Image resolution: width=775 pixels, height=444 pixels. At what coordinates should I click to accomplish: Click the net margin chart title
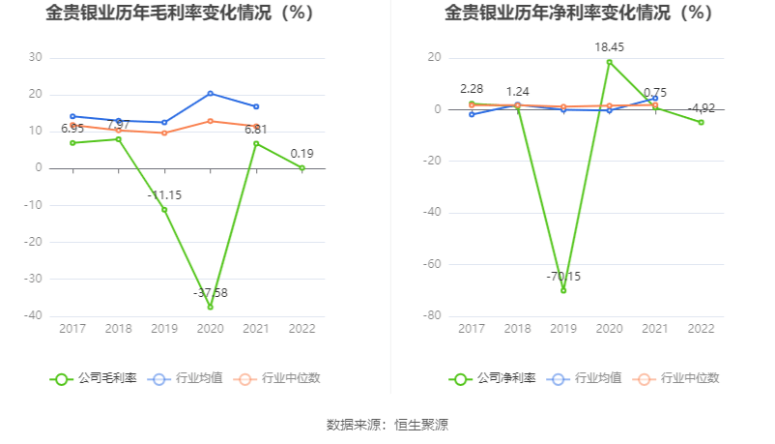point(579,14)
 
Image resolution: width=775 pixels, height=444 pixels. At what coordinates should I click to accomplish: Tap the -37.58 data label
point(210,293)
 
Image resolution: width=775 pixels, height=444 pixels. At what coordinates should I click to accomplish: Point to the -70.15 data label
point(563,277)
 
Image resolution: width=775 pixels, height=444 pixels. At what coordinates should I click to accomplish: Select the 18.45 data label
point(609,45)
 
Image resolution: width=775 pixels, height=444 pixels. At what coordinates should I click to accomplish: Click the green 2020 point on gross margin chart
point(211,307)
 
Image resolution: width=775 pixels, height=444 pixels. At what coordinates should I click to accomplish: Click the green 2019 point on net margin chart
point(563,290)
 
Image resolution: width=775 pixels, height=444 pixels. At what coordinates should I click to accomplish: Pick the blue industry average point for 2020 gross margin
point(211,93)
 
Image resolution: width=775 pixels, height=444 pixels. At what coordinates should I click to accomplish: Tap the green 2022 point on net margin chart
point(702,122)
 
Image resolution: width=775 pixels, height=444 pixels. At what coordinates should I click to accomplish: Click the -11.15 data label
point(164,194)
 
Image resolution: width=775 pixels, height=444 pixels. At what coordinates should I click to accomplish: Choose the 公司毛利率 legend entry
point(94,378)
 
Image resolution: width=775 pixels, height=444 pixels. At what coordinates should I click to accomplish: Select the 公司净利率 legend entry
point(492,378)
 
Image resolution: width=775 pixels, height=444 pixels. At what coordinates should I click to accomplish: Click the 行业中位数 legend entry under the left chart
point(278,378)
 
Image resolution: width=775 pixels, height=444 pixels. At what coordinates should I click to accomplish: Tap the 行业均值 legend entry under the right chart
point(586,378)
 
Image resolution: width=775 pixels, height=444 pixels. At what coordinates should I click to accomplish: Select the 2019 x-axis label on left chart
point(164,329)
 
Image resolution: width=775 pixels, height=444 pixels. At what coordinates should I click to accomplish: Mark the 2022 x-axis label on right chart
point(702,329)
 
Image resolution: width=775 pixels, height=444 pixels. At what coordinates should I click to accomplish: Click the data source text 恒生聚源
point(421,425)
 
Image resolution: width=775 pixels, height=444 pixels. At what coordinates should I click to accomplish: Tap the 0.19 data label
point(301,153)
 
